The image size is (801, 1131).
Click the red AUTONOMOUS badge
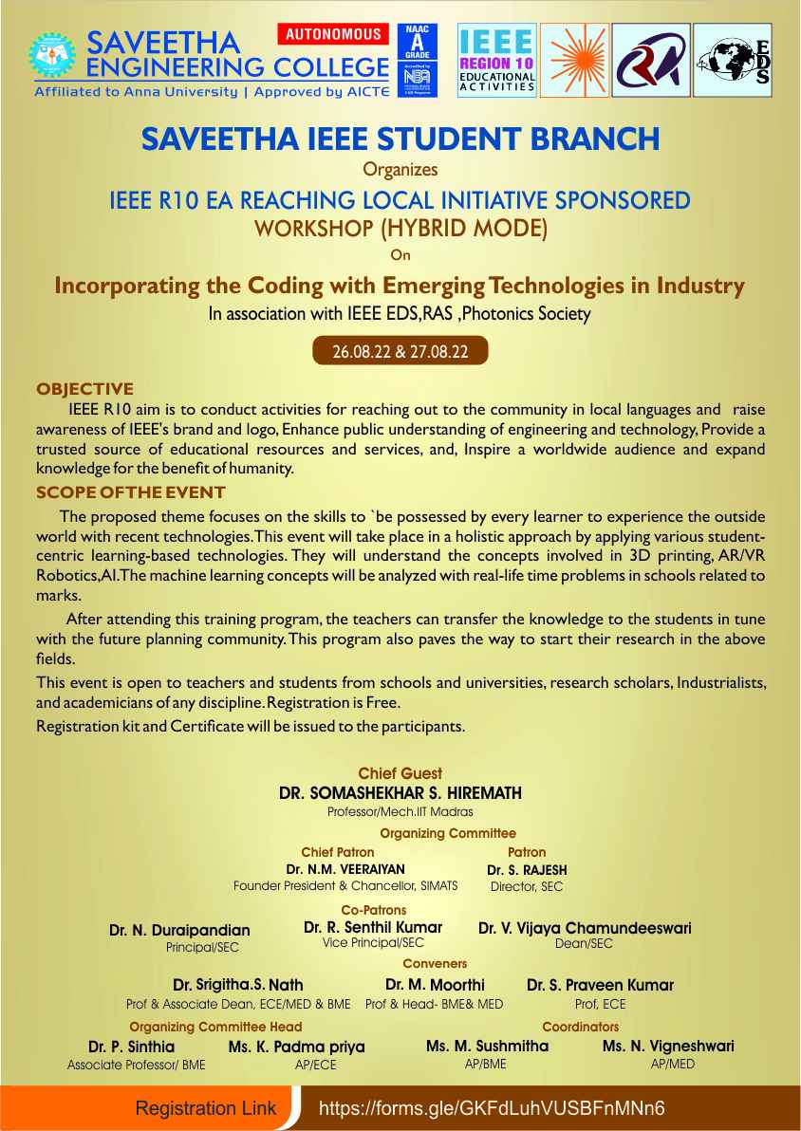coord(333,34)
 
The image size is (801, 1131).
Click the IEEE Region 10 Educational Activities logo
coord(497,60)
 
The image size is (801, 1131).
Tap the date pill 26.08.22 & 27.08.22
coord(401,351)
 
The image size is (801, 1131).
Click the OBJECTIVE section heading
coord(84,389)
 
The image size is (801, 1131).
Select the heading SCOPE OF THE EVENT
coord(130,492)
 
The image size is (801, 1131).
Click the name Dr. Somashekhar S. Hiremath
coord(400,793)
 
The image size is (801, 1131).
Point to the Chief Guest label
coord(400,774)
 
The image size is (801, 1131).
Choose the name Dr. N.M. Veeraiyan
coord(345,869)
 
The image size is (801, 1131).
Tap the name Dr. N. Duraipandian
coord(179,931)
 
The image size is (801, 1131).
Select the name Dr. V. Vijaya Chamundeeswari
coord(585,928)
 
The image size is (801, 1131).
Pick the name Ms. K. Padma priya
coord(296,1048)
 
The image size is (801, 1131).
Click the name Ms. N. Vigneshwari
coord(668,1047)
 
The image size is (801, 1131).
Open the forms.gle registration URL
coord(492,1108)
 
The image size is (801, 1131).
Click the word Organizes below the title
coord(400,171)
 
